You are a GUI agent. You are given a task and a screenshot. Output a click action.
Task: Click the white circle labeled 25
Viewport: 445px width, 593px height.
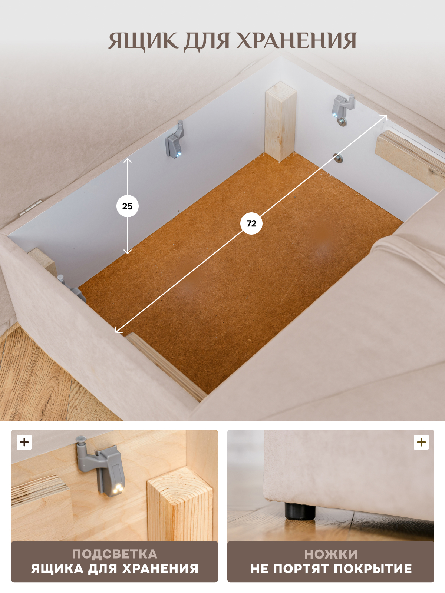(x=127, y=206)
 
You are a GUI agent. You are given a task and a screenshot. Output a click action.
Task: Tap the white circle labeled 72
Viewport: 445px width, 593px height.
(x=251, y=223)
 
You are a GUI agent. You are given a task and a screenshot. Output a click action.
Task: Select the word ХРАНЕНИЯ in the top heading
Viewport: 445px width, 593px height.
(x=297, y=40)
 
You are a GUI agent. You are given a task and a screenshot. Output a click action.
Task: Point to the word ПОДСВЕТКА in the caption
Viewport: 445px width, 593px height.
(x=115, y=554)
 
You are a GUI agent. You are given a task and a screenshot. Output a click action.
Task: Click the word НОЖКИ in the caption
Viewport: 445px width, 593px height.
(x=331, y=554)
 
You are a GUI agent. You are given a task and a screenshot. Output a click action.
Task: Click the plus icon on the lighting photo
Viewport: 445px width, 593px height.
(x=24, y=442)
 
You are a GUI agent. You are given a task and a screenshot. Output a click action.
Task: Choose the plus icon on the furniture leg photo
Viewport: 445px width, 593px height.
(x=421, y=442)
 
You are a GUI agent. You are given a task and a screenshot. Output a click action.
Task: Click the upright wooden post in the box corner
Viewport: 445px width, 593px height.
(x=280, y=122)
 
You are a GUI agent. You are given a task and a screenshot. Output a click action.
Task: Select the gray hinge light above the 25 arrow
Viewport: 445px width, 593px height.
(x=175, y=140)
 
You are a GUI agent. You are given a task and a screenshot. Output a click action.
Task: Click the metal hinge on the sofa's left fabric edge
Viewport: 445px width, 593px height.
(x=30, y=207)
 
